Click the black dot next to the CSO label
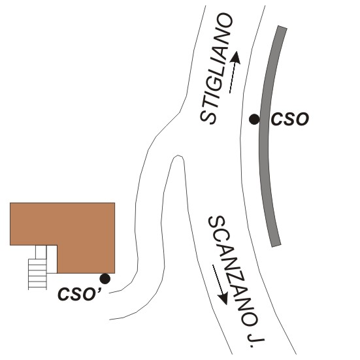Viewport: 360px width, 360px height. click(254, 120)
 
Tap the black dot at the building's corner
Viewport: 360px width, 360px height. click(105, 279)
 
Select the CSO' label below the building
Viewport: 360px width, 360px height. click(80, 294)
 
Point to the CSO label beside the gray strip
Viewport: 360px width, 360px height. click(290, 119)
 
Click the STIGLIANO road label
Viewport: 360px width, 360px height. click(216, 69)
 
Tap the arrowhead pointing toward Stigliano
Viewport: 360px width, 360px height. click(236, 57)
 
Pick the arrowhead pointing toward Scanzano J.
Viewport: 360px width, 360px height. click(223, 299)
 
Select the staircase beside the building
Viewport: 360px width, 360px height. click(37, 274)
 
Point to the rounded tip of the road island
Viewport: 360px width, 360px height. click(178, 155)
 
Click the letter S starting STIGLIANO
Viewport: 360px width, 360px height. click(208, 117)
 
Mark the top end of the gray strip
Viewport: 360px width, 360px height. click(282, 27)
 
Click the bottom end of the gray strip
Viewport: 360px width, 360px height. click(276, 246)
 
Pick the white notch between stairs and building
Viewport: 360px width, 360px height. click(52, 259)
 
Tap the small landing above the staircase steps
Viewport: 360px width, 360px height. click(41, 252)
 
